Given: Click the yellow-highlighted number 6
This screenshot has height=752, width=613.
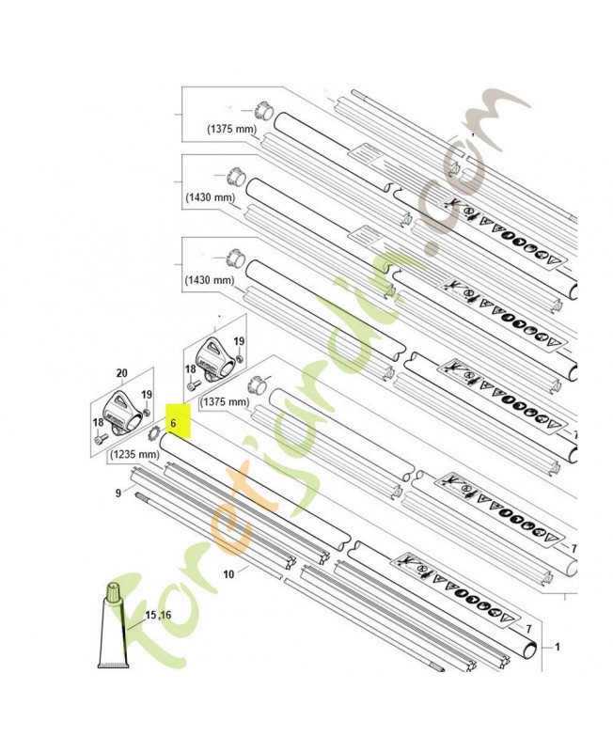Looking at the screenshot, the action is click(173, 424).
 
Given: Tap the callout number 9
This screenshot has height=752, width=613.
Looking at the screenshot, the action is click(118, 493).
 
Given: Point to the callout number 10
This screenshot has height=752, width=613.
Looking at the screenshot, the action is click(228, 573).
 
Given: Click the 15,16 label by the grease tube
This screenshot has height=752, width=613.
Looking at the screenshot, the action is click(158, 615).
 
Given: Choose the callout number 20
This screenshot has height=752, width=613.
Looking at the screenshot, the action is click(122, 373).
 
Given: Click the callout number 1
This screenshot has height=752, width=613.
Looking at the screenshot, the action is click(557, 647).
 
